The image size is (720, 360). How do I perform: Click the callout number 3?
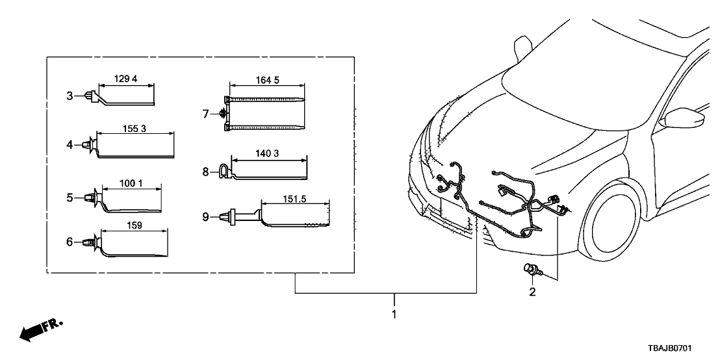click(x=70, y=96)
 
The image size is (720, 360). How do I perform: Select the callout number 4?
click(x=70, y=145)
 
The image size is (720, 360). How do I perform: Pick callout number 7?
click(x=205, y=114)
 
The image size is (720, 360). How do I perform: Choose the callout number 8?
click(x=205, y=172)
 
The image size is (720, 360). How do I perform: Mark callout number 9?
click(x=205, y=217)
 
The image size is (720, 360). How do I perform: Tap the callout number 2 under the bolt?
click(x=532, y=293)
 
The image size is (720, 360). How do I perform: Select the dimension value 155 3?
click(x=135, y=129)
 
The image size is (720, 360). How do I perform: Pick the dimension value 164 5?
click(x=268, y=80)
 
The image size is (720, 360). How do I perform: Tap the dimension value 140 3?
click(x=268, y=153)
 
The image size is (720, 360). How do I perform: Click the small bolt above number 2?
click(x=530, y=269)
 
